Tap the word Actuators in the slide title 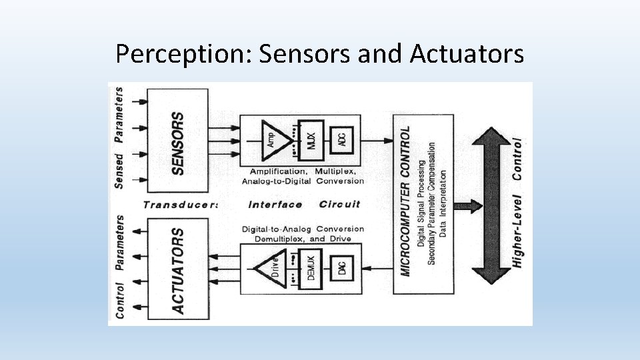coord(467,54)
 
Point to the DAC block coord(341,269)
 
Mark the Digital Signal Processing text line coord(421,203)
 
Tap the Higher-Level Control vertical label coord(517,203)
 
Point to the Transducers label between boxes coord(180,205)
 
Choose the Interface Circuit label coord(303,205)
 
